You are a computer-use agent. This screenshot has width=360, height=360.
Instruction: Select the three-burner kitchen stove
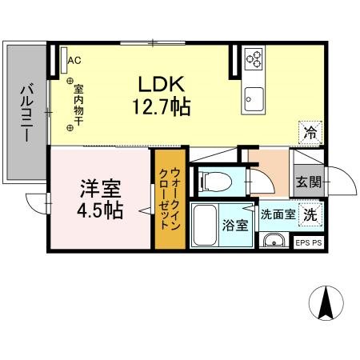pos(255,58)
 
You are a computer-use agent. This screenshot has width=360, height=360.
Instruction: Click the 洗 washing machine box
pos(309,214)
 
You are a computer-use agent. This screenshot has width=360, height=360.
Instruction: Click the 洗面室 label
pos(275,214)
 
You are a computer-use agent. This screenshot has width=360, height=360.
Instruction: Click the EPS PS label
pos(309,242)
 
